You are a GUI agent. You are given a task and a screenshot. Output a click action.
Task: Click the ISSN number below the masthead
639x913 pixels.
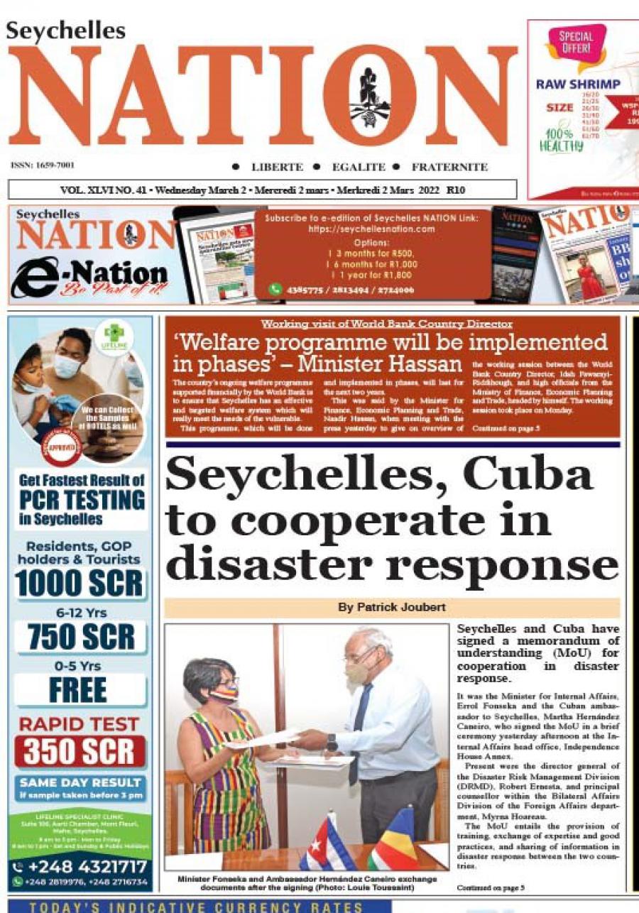tap(43, 165)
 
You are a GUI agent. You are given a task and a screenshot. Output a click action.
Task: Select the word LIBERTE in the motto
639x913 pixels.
tap(277, 168)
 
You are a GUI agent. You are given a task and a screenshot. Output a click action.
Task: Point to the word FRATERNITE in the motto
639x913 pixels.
tap(449, 168)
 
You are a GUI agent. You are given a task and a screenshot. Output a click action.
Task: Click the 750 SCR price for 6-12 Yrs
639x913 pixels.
tap(80, 638)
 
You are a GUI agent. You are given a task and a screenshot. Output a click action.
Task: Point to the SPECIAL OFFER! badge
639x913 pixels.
tap(575, 43)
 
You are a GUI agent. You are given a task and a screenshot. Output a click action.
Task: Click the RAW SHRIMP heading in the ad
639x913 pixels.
tap(577, 84)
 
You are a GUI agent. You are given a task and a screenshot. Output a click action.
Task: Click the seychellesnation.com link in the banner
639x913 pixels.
tap(371, 229)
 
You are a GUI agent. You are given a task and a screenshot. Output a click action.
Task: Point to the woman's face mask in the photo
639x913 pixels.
tap(224, 694)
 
